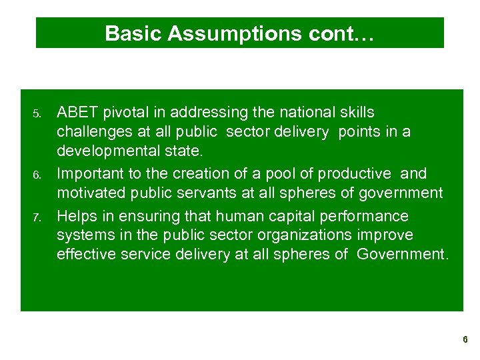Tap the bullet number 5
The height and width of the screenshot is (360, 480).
37,113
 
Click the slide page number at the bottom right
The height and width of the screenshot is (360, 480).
465,340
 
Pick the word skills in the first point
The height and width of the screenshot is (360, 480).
357,112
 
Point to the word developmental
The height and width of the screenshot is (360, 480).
108,150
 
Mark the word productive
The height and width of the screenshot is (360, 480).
355,173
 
